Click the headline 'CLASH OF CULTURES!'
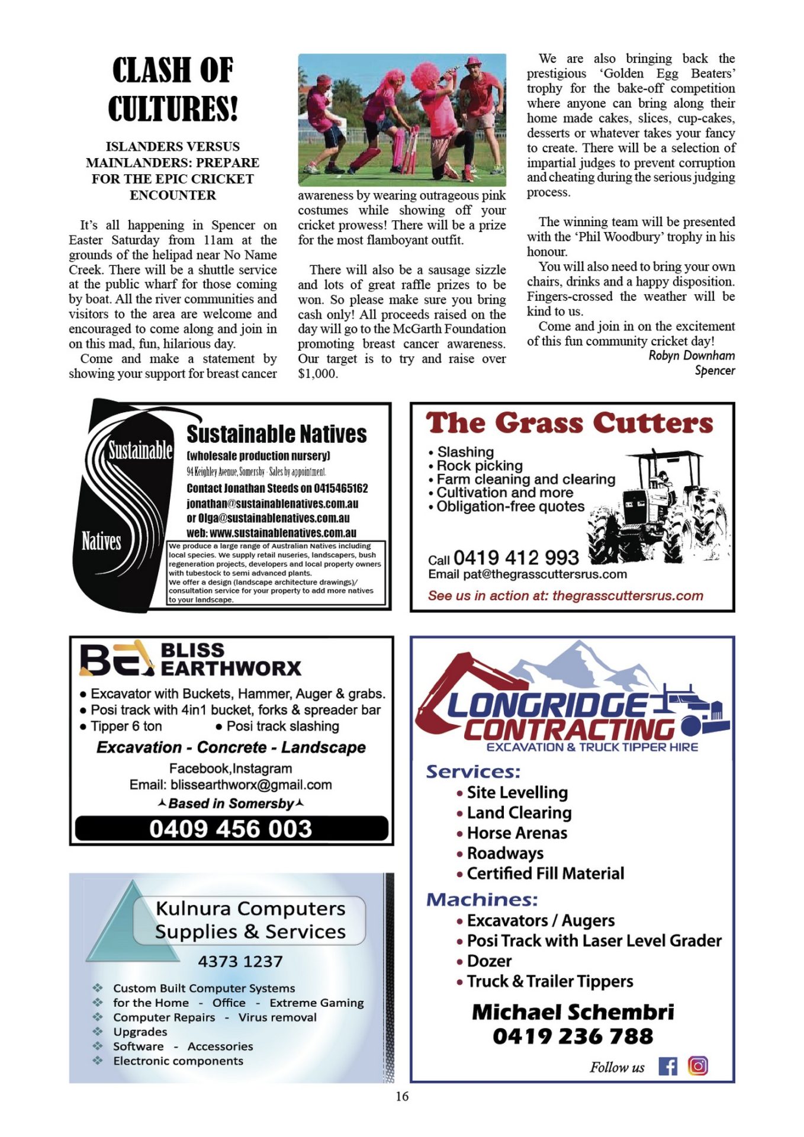(x=173, y=89)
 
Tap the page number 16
(x=402, y=1096)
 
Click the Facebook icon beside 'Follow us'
(x=668, y=1067)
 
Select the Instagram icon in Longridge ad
(x=698, y=1066)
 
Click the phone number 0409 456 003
(x=231, y=828)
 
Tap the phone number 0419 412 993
(x=516, y=557)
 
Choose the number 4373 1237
(x=240, y=961)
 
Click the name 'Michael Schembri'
(x=573, y=1012)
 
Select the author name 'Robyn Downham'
(x=692, y=355)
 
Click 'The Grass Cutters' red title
(x=570, y=423)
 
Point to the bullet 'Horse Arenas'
(x=517, y=833)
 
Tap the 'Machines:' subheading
(x=482, y=900)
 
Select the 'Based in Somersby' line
(x=231, y=804)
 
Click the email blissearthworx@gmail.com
(x=251, y=785)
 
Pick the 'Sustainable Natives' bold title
(x=276, y=434)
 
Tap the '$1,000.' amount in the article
(x=318, y=374)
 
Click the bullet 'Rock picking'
(x=480, y=465)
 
